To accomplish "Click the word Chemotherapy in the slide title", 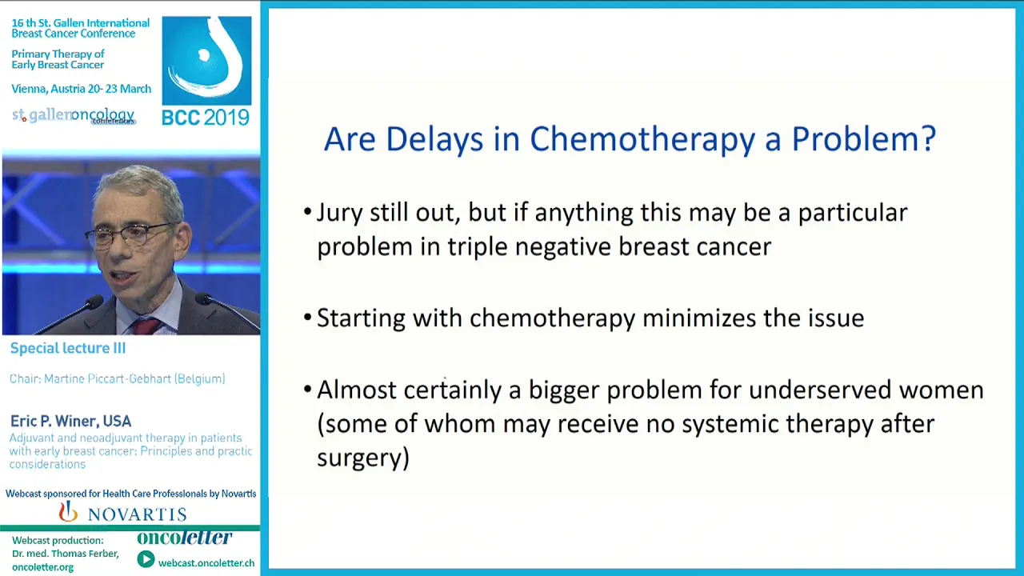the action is (642, 139).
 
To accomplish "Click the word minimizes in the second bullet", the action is (699, 318).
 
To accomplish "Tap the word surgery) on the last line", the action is (363, 458).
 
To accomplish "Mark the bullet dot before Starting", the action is (308, 318).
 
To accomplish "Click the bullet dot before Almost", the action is (308, 390).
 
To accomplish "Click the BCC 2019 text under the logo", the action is (206, 118).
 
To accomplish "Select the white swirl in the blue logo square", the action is (206, 57).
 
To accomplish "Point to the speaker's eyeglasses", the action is (133, 235).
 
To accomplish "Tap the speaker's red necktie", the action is (146, 326).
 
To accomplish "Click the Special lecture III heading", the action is (68, 348).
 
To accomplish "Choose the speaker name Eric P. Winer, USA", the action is (71, 421).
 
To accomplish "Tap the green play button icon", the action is (146, 559).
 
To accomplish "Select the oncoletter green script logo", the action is (185, 538).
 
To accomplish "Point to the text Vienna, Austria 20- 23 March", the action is (82, 89).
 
